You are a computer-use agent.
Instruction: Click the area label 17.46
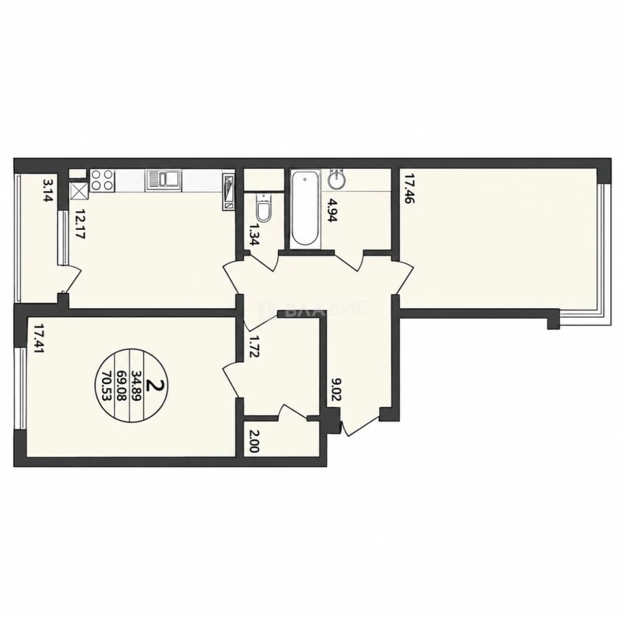coord(409,188)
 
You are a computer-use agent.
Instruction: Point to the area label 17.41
coord(39,339)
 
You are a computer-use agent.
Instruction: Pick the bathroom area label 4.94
coord(332,210)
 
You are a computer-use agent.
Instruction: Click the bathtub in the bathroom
coord(305,210)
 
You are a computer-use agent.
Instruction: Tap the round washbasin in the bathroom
coord(338,180)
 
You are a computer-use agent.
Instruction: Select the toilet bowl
coord(263,207)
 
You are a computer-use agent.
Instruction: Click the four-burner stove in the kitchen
coord(102,180)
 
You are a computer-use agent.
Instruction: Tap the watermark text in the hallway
coord(314,308)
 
